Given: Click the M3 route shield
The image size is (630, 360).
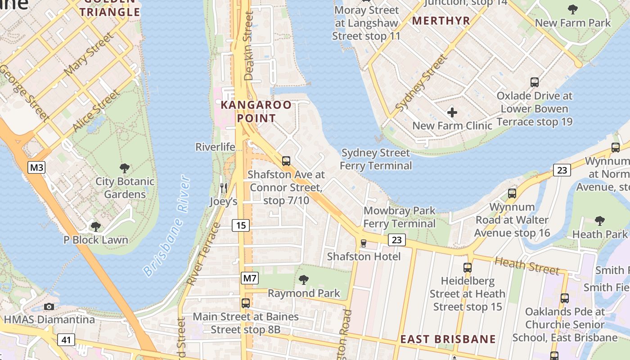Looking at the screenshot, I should click(x=37, y=168).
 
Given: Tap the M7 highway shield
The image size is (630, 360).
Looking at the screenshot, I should click(x=250, y=278).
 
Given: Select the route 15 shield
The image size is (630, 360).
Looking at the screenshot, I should click(x=241, y=225).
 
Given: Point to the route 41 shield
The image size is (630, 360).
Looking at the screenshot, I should click(x=66, y=340).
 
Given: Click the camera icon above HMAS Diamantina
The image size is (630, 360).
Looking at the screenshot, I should click(x=49, y=306).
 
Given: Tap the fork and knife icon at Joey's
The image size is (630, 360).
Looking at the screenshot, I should click(x=223, y=188).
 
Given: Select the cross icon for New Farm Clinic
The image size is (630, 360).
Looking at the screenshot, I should click(x=452, y=112).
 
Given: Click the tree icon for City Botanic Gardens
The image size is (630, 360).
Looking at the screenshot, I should click(x=125, y=168).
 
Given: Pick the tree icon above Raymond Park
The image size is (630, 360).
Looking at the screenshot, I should click(x=304, y=280).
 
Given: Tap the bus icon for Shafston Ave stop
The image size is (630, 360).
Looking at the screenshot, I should click(x=286, y=161).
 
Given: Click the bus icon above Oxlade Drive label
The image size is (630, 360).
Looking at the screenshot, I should click(x=535, y=82).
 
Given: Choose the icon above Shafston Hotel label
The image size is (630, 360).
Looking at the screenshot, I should click(x=364, y=243).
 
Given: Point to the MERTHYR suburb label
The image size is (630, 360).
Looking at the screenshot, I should click(x=441, y=21).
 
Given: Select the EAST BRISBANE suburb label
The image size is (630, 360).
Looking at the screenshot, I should click(x=448, y=339).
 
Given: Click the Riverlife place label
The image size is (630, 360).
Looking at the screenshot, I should click(x=215, y=147).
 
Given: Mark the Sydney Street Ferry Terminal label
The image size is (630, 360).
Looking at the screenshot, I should click(x=376, y=159).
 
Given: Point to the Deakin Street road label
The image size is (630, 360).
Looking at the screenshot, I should click(x=249, y=46).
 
